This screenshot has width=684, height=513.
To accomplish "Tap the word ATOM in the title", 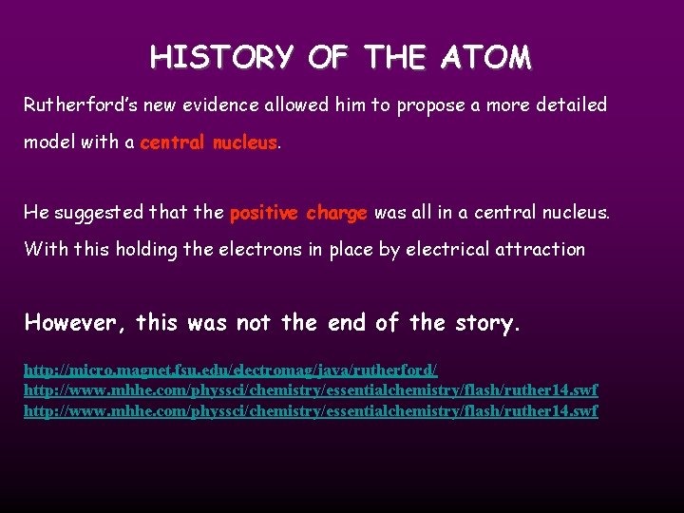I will click(x=486, y=58).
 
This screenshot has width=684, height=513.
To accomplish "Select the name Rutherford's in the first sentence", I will click(x=74, y=105).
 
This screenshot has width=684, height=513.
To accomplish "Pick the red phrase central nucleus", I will click(x=209, y=143).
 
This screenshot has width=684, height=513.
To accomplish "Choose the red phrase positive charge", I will click(x=298, y=213).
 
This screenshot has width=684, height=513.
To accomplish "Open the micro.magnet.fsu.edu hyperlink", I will click(x=230, y=368).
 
